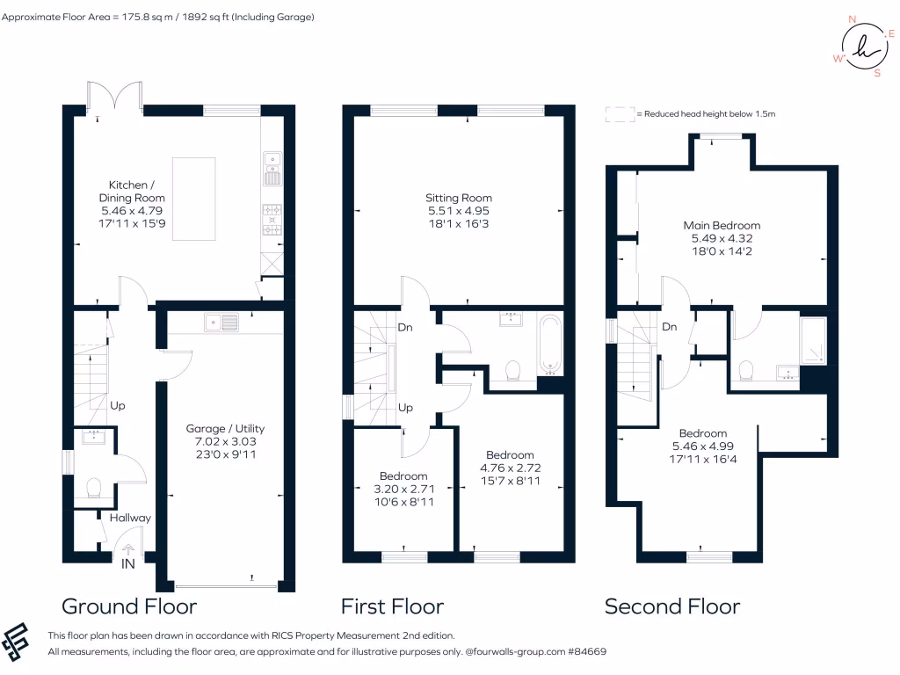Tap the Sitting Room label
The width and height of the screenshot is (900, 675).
click(459, 199)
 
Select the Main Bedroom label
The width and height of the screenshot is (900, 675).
click(722, 226)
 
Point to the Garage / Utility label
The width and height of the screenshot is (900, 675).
click(225, 429)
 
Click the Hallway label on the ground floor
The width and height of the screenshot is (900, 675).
click(130, 518)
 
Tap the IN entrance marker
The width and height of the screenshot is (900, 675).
click(128, 564)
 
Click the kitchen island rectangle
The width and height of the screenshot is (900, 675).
click(193, 198)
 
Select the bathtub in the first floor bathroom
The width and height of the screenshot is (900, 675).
click(551, 344)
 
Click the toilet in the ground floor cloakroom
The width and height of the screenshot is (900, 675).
click(95, 487)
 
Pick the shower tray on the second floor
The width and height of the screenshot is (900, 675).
click(813, 341)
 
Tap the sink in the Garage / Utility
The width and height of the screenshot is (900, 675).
click(221, 323)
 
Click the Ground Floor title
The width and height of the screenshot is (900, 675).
click(129, 606)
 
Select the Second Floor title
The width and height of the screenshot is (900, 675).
click(671, 606)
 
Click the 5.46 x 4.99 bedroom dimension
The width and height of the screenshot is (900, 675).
click(702, 446)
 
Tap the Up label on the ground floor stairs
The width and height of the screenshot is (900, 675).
click(118, 406)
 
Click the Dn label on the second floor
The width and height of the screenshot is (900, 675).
click(669, 327)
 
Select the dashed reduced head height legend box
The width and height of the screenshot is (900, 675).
click(619, 114)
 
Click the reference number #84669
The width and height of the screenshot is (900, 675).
click(586, 652)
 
